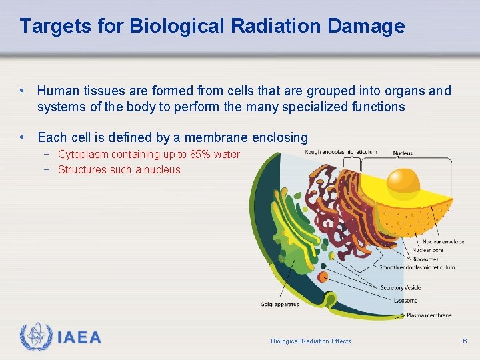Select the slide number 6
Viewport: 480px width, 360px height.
coord(465,341)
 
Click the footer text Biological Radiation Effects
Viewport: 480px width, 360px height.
coord(311,341)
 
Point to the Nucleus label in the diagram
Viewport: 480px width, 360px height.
coord(403,153)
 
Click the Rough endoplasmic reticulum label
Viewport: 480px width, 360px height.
coord(341,152)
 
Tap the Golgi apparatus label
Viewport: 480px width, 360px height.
coord(279,304)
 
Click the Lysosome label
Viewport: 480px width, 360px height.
coord(407,301)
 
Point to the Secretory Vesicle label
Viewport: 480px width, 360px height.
coord(401,288)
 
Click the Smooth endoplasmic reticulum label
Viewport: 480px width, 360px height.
coord(417,267)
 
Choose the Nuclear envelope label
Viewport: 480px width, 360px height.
coord(443,241)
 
